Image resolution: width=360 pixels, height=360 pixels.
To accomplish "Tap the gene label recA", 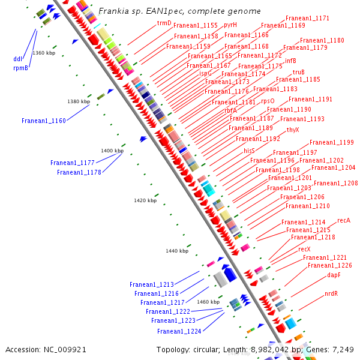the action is (x=344, y=221).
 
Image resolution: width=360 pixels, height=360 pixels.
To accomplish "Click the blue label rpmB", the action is (x=20, y=68).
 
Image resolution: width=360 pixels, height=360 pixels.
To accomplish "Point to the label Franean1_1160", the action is (x=44, y=121).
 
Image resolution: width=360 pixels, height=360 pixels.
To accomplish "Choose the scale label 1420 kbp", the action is (x=145, y=200).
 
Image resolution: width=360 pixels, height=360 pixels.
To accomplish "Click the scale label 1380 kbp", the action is (x=79, y=102).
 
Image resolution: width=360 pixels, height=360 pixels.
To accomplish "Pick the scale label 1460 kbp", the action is (x=208, y=302).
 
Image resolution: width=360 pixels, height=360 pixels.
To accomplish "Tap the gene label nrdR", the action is (x=331, y=294).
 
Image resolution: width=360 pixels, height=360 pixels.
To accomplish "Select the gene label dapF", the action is (x=334, y=275).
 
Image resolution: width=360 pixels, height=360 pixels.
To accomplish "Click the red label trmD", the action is (x=164, y=23).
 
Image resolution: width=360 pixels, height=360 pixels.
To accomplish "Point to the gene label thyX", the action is (x=293, y=130).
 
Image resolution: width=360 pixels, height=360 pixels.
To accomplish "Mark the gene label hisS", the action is (x=250, y=151).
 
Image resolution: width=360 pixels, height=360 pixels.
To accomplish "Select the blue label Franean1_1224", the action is (x=179, y=331).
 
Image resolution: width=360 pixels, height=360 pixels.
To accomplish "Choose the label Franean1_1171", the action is (x=307, y=19).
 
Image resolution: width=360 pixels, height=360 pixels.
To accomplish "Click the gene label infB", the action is (x=291, y=61).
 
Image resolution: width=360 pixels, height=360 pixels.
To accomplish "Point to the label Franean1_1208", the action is (x=335, y=183).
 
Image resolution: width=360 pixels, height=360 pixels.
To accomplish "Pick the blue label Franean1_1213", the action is (x=152, y=284).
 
